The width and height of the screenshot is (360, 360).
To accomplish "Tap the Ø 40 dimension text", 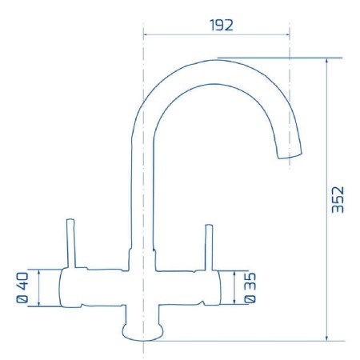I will [22, 289].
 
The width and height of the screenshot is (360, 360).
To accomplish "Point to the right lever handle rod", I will [210, 247].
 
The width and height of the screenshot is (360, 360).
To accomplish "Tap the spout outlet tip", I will [290, 156].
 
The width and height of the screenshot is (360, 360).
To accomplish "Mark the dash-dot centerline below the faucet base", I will [142, 347].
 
